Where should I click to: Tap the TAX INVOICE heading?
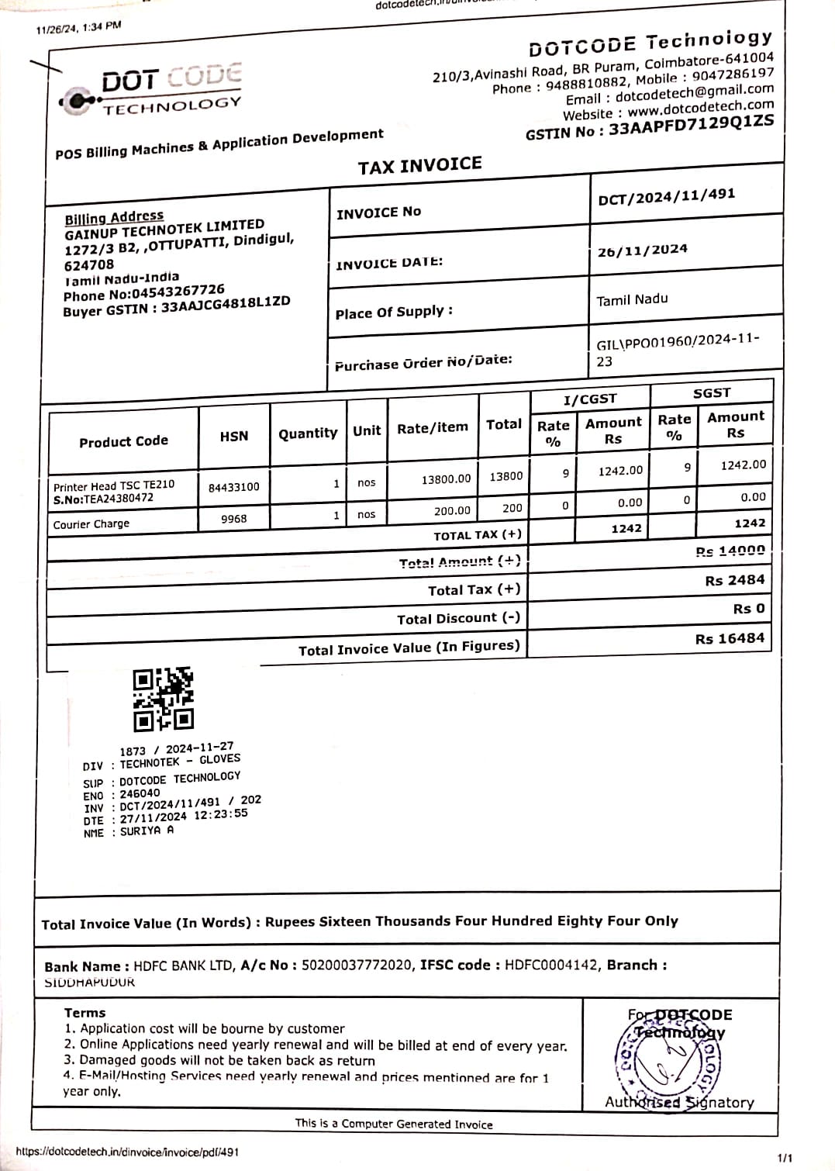[x=419, y=165]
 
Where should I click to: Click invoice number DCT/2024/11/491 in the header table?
[x=666, y=195]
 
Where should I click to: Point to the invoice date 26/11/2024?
[x=642, y=250]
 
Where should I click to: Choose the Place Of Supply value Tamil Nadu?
[x=632, y=299]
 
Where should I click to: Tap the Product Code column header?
[x=123, y=441]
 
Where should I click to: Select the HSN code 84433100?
[x=233, y=487]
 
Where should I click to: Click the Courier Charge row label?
[x=91, y=524]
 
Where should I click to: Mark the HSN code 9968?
[x=233, y=518]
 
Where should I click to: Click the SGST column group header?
[x=711, y=393]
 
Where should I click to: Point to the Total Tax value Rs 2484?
[x=734, y=580]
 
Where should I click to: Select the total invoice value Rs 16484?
[x=730, y=638]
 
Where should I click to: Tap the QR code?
[x=163, y=699]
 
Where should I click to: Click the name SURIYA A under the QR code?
[x=147, y=831]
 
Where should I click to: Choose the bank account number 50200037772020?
[x=357, y=965]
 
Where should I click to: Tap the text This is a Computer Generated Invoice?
[x=394, y=1124]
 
